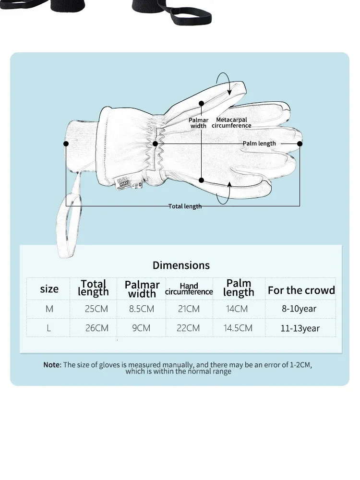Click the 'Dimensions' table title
[181, 265]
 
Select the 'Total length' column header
[94, 288]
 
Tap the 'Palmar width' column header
[142, 289]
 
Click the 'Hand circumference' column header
[189, 289]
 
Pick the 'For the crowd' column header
[301, 290]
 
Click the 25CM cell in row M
[96, 309]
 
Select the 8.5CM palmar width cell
[142, 309]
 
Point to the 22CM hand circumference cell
[189, 328]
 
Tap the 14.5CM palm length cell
[238, 328]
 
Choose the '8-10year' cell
[299, 309]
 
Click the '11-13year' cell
[300, 329]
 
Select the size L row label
[49, 328]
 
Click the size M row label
[49, 309]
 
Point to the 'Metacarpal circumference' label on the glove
[231, 123]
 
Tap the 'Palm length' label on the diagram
[259, 144]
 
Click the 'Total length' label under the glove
[185, 206]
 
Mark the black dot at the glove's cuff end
[66, 144]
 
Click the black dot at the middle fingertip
[300, 144]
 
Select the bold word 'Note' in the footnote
[52, 365]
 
